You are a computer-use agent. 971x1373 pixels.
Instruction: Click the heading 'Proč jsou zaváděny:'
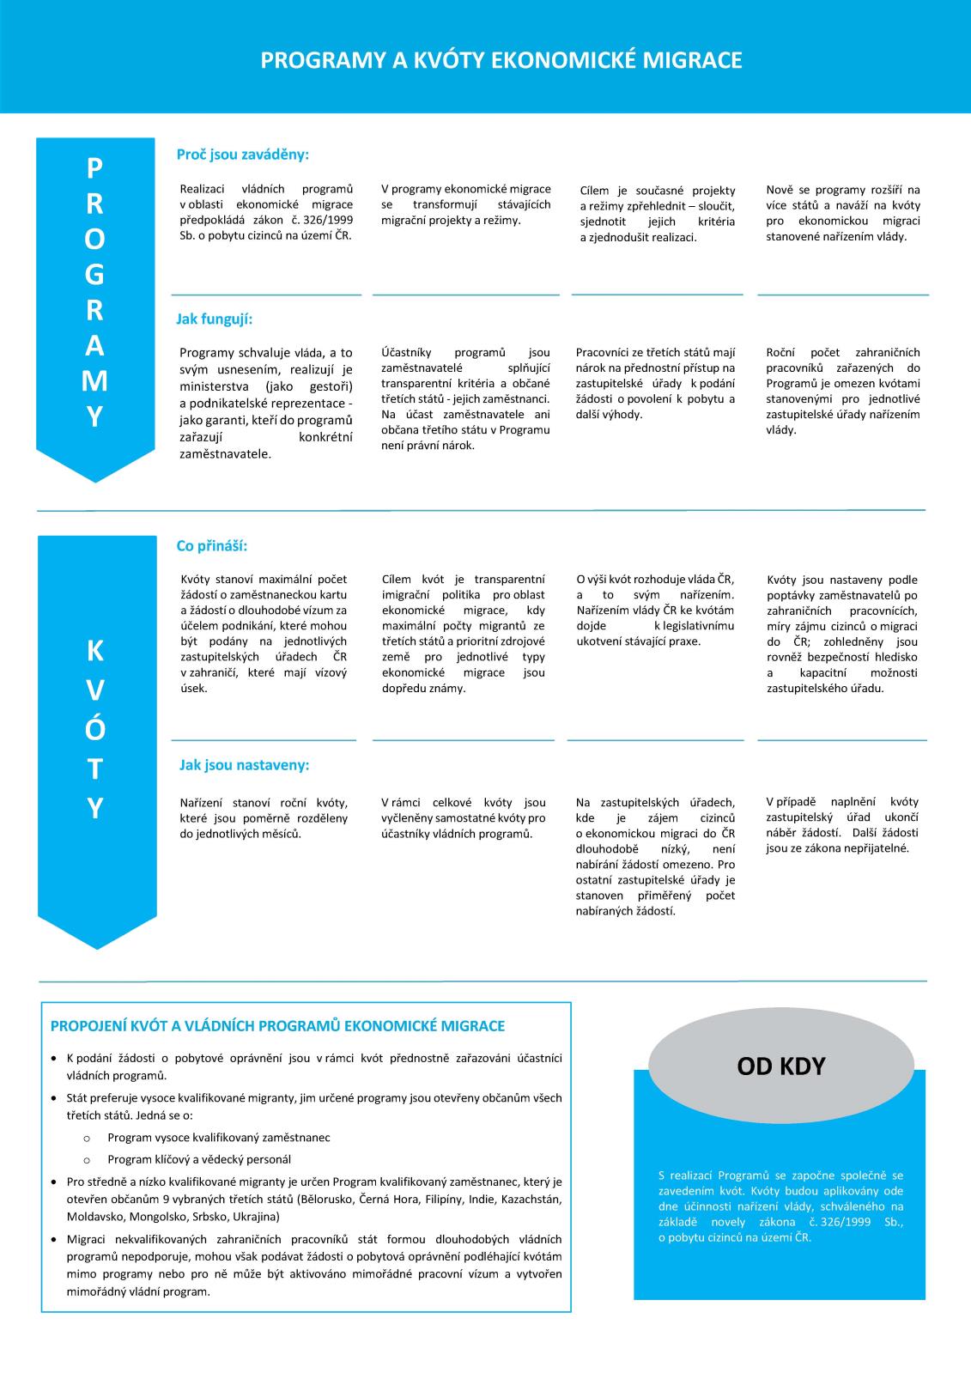pos(242,155)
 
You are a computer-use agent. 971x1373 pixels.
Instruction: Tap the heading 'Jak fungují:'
pos(214,319)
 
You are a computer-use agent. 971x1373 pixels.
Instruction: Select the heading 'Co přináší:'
pos(211,546)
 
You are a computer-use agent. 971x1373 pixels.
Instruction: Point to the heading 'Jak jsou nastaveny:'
pos(244,764)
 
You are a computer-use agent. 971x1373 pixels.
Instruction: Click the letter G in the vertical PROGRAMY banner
pos(94,274)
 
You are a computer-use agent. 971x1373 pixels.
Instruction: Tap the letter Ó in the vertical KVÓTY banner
pos(94,728)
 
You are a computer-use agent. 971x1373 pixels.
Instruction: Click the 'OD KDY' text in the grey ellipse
pos(780,1066)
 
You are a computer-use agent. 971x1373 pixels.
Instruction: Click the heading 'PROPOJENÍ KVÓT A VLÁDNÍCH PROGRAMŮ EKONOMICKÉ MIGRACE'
pos(277,1026)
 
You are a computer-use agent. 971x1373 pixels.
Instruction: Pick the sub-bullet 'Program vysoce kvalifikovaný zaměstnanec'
pos(218,1137)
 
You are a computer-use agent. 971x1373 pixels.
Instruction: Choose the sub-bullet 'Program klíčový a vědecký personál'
pos(198,1159)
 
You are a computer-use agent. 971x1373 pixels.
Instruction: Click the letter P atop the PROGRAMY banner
pos(94,168)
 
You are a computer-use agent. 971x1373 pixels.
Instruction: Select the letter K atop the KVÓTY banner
pos(94,651)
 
